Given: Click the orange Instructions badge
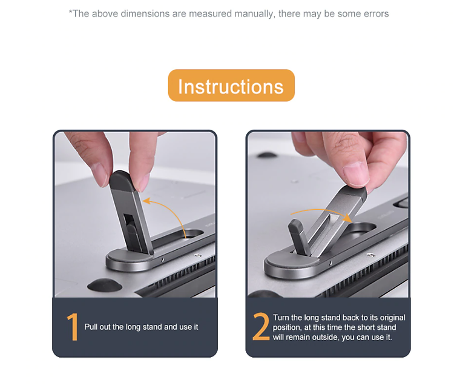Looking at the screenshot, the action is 231,85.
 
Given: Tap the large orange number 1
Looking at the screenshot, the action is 73,326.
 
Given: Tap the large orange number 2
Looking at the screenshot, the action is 261,326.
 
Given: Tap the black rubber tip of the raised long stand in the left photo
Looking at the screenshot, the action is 121,181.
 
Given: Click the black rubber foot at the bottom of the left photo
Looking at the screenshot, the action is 105,285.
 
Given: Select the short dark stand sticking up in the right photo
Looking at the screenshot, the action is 298,237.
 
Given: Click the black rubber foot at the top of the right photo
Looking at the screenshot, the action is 267,155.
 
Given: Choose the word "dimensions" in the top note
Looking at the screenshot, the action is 145,14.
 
